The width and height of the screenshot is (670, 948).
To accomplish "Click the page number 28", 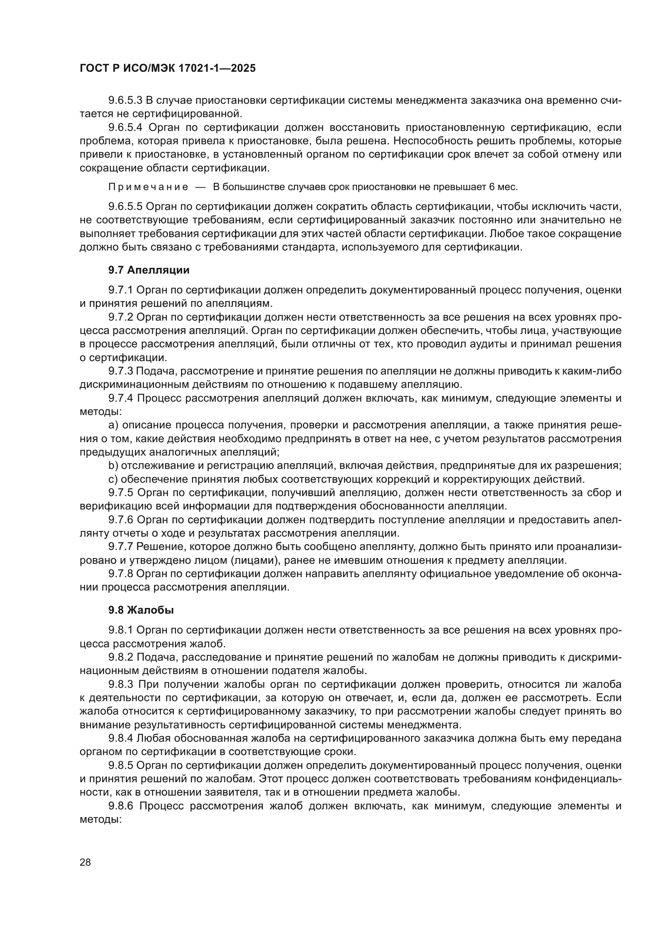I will (x=85, y=862).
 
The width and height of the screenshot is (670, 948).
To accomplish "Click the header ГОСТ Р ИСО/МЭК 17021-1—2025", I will (x=168, y=68).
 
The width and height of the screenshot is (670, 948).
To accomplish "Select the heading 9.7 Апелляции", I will (x=149, y=270).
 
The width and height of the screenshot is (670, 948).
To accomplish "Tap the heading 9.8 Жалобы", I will (x=141, y=610).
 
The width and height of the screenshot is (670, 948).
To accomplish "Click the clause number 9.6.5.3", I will (x=126, y=100).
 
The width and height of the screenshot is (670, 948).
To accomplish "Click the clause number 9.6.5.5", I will (x=126, y=206).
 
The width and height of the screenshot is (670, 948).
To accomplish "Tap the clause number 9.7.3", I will (x=120, y=371).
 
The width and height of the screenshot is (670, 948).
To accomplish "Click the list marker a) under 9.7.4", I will (x=113, y=425).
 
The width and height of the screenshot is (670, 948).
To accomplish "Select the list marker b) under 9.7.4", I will (x=113, y=466).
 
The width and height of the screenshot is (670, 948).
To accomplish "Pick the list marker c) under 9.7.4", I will (x=113, y=479).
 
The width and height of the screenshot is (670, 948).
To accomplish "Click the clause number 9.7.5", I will (x=121, y=492).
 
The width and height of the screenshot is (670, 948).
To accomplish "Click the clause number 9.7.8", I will (x=120, y=574).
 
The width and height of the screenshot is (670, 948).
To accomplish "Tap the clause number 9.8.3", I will (x=121, y=684).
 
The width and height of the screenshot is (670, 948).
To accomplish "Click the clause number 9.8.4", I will (x=121, y=738).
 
